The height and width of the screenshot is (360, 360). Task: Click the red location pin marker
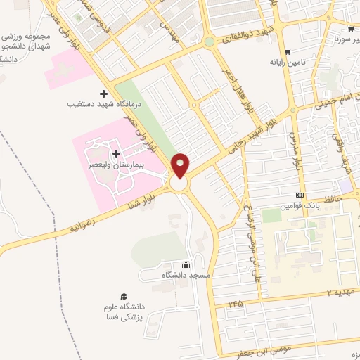181,167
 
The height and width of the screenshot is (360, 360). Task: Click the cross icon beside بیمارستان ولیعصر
115,153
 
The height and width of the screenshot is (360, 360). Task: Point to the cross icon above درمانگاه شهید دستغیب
104,94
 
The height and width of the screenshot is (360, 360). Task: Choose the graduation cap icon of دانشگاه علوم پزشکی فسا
124,297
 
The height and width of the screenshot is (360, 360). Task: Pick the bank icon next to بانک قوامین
300,195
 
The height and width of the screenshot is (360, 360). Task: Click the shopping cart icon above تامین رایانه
287,51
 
